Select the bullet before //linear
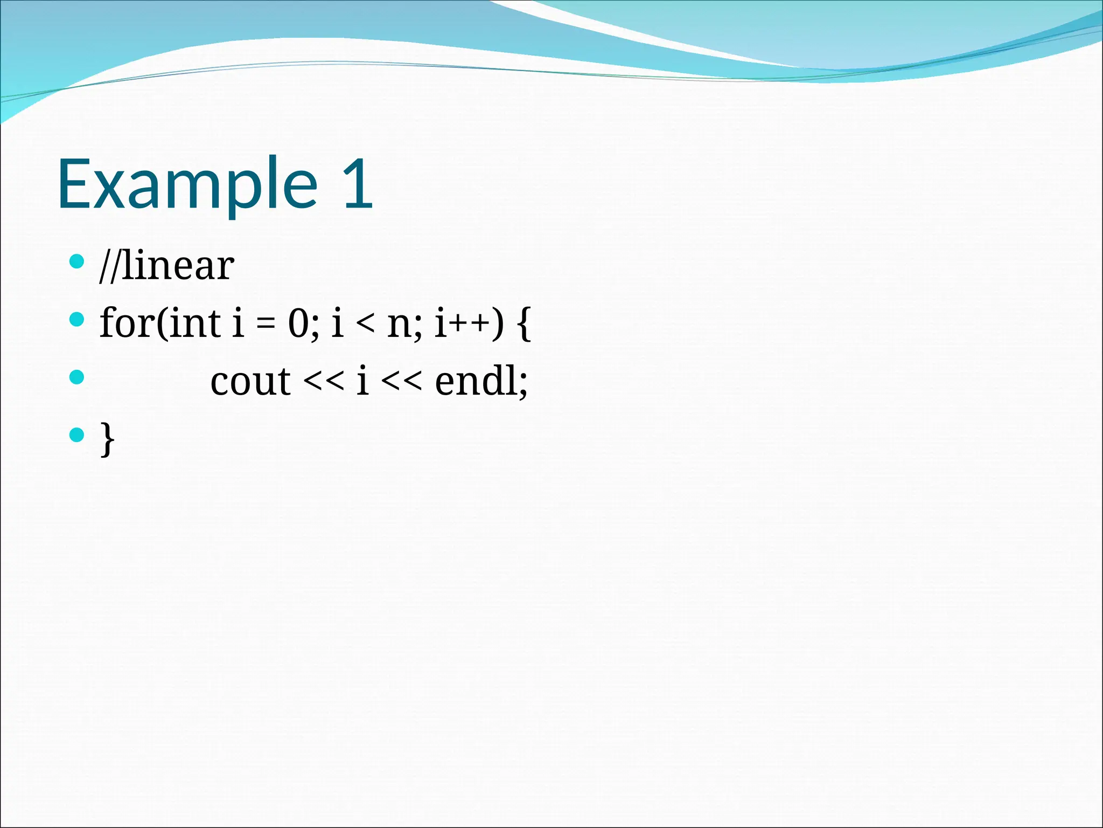pyautogui.click(x=77, y=262)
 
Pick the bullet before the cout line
pyautogui.click(x=77, y=377)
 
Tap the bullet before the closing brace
pyautogui.click(x=77, y=434)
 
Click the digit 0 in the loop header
pyautogui.click(x=299, y=323)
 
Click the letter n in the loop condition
pyautogui.click(x=400, y=326)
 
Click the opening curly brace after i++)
pyautogui.click(x=523, y=323)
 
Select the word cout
pyautogui.click(x=250, y=382)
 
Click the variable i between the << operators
pyautogui.click(x=362, y=380)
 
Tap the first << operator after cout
pyautogui.click(x=323, y=382)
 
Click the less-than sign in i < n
pyautogui.click(x=365, y=325)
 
